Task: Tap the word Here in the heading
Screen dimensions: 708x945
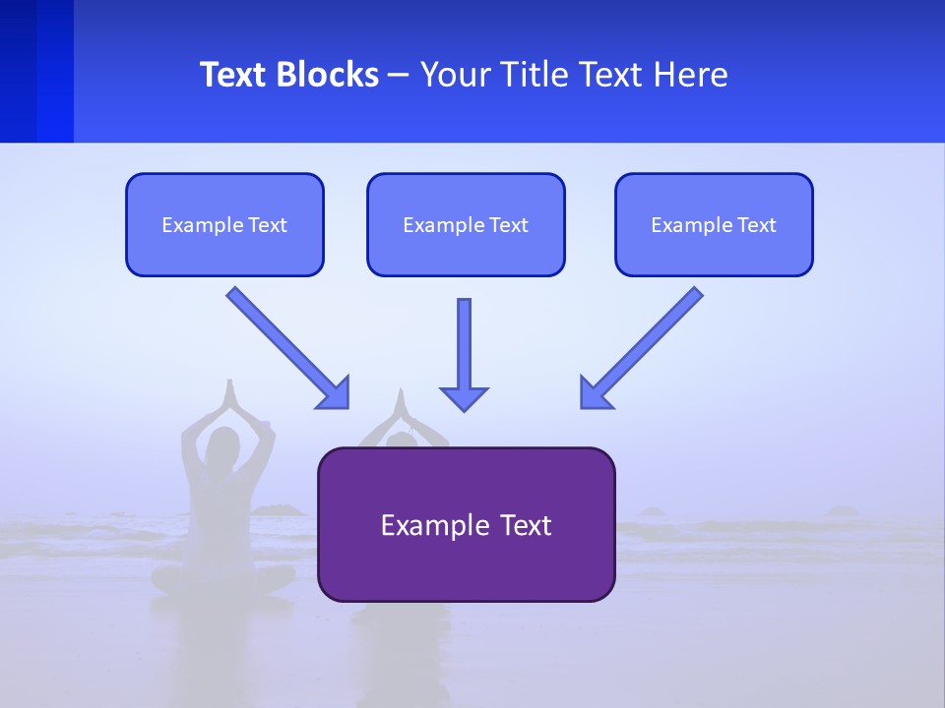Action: tap(690, 75)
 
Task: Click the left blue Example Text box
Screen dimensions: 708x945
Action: tap(224, 225)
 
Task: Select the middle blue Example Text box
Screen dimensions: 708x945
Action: tap(466, 225)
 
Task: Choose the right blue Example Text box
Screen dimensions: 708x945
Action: tap(714, 225)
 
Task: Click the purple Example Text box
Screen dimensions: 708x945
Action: tap(466, 525)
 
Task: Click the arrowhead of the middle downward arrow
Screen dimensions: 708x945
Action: tap(464, 398)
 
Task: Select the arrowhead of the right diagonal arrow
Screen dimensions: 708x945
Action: tap(595, 393)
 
